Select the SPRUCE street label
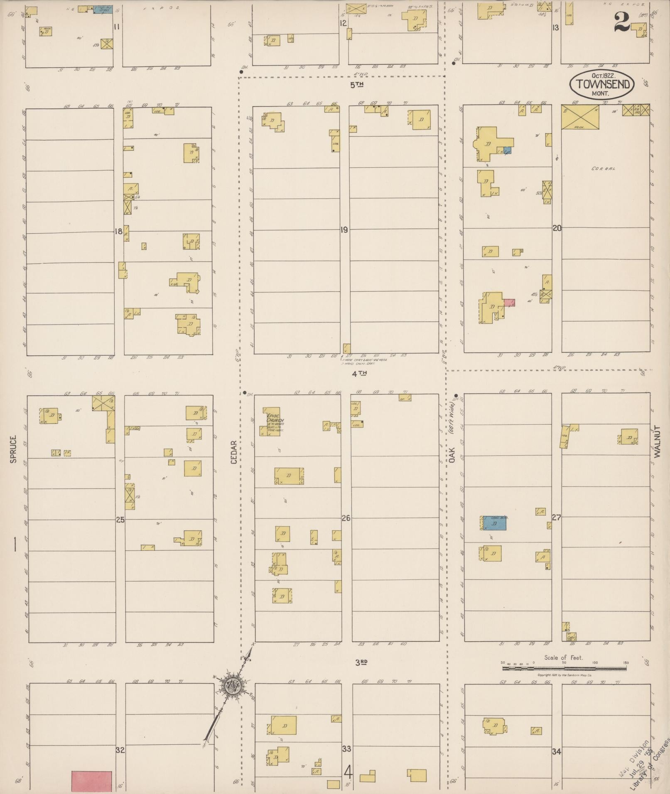[x=13, y=449]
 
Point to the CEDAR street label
[x=234, y=452]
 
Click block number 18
[x=118, y=231]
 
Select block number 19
[x=344, y=230]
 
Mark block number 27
[x=557, y=517]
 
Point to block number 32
[x=120, y=750]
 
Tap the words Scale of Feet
[x=564, y=657]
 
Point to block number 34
[x=557, y=751]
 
